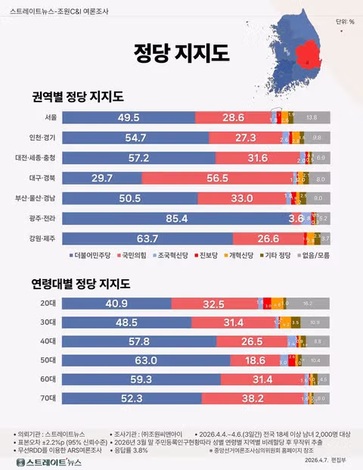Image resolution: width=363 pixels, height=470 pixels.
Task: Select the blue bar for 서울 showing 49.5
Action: tap(129, 117)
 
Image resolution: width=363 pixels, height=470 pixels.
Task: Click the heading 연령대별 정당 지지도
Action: tap(81, 284)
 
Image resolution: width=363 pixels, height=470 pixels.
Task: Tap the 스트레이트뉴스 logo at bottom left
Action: tap(50, 460)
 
